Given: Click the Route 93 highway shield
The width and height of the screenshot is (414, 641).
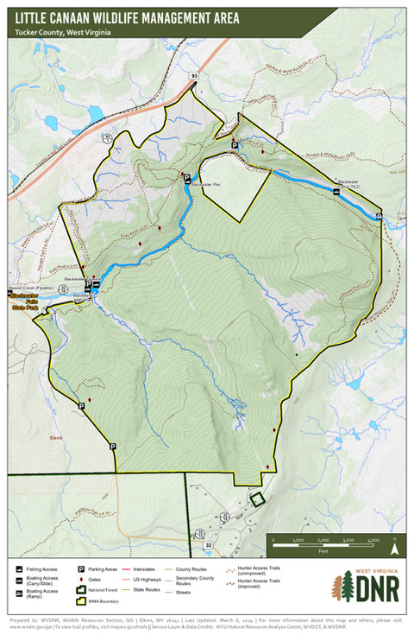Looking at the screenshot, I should pyautogui.click(x=194, y=77).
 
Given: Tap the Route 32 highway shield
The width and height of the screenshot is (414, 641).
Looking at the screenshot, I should pyautogui.click(x=208, y=545).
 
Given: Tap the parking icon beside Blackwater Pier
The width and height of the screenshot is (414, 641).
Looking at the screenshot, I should pyautogui.click(x=185, y=177).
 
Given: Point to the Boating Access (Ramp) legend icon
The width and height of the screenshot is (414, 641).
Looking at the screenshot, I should pyautogui.click(x=19, y=593).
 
